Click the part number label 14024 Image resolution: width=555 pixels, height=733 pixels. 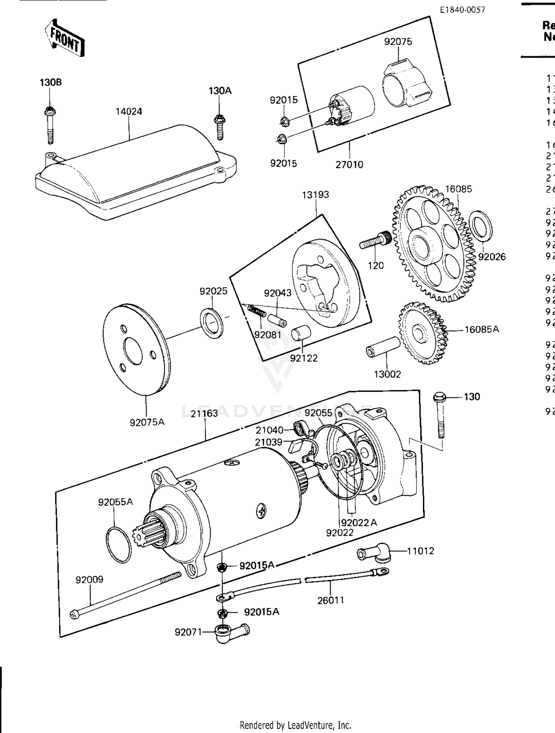(128, 111)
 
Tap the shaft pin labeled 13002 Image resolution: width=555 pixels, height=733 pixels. (383, 347)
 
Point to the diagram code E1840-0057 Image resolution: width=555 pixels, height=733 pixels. (462, 10)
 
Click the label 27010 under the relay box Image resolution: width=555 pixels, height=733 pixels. (349, 164)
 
